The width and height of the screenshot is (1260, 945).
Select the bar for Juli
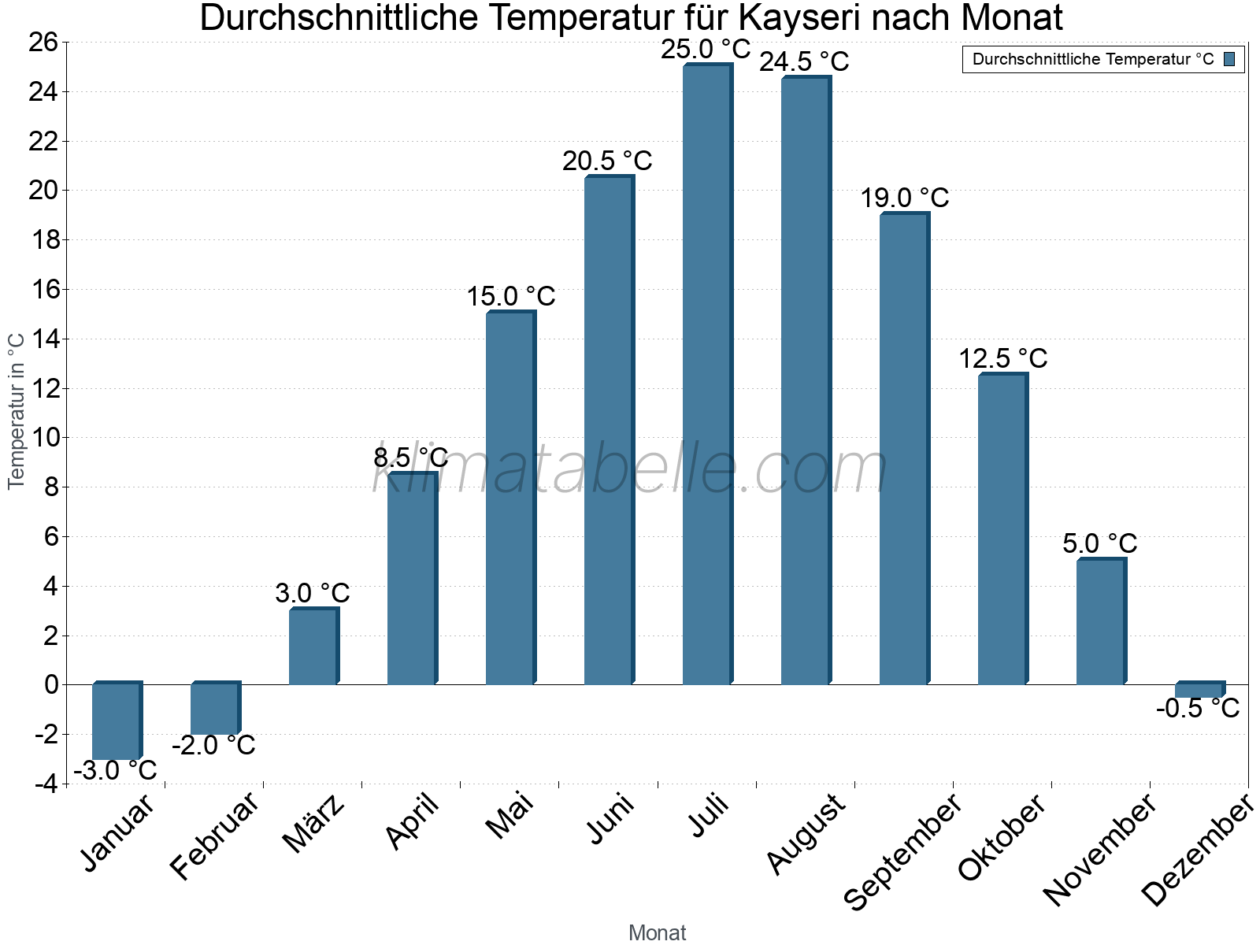pyautogui.click(x=706, y=375)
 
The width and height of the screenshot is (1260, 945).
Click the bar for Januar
pyautogui.click(x=116, y=721)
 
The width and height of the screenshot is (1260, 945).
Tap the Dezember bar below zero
pyautogui.click(x=1199, y=691)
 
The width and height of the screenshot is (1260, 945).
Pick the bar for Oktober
pyautogui.click(x=1002, y=529)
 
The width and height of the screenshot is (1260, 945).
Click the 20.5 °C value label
pyautogui.click(x=607, y=161)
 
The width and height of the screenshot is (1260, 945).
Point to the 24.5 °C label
pyautogui.click(x=804, y=62)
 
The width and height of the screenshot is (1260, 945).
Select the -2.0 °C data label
pyautogui.click(x=213, y=745)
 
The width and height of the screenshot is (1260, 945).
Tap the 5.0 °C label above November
pyautogui.click(x=1099, y=544)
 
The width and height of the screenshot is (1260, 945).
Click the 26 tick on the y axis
pyautogui.click(x=44, y=43)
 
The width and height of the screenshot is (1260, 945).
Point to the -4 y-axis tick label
pyautogui.click(x=44, y=784)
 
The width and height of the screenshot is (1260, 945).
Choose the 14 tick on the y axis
pyautogui.click(x=44, y=339)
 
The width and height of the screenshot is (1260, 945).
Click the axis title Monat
pyautogui.click(x=658, y=933)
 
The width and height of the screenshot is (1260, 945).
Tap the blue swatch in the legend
pyautogui.click(x=1229, y=59)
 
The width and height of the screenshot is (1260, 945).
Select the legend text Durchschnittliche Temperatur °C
pyautogui.click(x=1093, y=59)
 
